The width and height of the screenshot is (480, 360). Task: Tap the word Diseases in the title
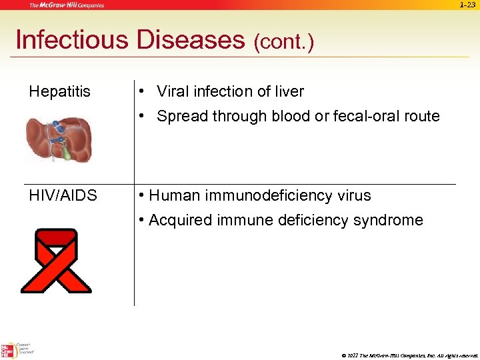tap(191, 40)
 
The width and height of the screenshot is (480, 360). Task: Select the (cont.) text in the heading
tap(283, 43)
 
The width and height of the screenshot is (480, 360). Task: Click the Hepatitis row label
tap(60, 92)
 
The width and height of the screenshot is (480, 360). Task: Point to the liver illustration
tap(59, 139)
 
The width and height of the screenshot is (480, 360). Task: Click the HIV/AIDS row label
tap(63, 196)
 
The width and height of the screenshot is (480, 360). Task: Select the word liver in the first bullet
tap(288, 92)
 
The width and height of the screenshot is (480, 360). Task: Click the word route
tap(422, 116)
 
